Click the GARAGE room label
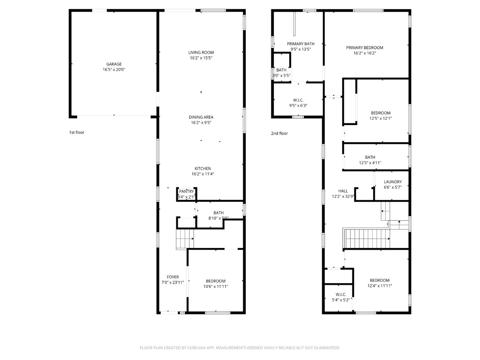114,64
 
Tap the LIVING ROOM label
201,52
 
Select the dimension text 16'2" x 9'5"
201,123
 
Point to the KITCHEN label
203,168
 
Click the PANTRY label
186,191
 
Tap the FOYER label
173,277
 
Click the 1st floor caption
77,132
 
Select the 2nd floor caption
279,133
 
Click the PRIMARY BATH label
301,44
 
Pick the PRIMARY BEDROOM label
365,48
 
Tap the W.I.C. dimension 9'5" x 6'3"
298,106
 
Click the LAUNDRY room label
393,182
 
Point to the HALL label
343,191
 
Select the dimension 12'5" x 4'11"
370,163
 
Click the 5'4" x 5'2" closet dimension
341,300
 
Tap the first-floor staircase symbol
185,239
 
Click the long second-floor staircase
367,239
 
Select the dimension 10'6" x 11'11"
216,286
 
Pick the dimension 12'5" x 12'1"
380,118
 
